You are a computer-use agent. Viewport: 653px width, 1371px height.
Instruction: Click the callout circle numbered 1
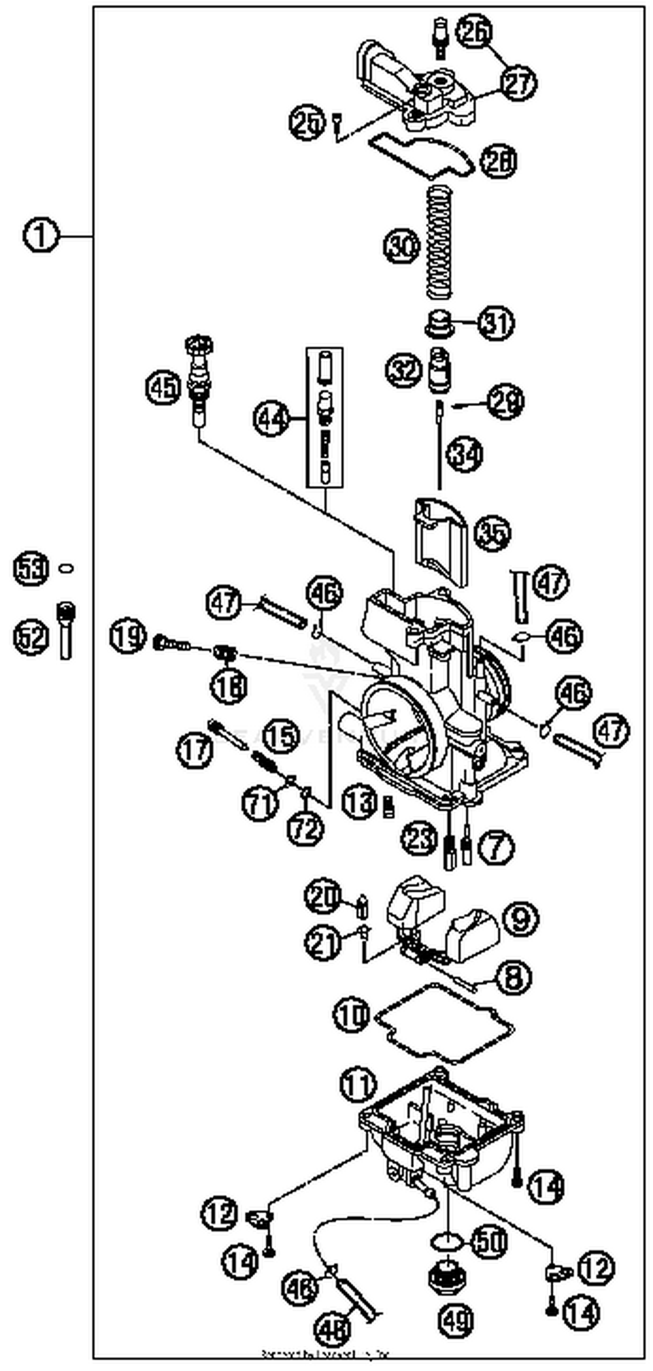pos(40,235)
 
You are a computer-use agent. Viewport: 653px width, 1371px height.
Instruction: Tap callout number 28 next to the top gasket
pos(498,161)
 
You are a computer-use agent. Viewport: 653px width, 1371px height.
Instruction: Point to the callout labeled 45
pos(163,388)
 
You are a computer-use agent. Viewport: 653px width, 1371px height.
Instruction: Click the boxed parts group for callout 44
pos(324,418)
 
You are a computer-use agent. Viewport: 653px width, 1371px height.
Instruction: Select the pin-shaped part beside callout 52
pos(66,631)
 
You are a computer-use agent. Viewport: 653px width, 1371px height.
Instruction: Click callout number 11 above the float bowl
pos(358,1083)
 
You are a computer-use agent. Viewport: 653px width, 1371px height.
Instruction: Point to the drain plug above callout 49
pos(447,1276)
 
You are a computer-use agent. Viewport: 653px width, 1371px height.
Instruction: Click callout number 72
pos(305,828)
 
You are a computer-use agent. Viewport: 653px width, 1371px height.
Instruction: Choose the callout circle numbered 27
pos(518,84)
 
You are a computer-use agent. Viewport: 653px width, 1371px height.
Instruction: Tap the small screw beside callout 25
pos(337,124)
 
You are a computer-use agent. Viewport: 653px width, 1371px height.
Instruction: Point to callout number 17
pos(195,749)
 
